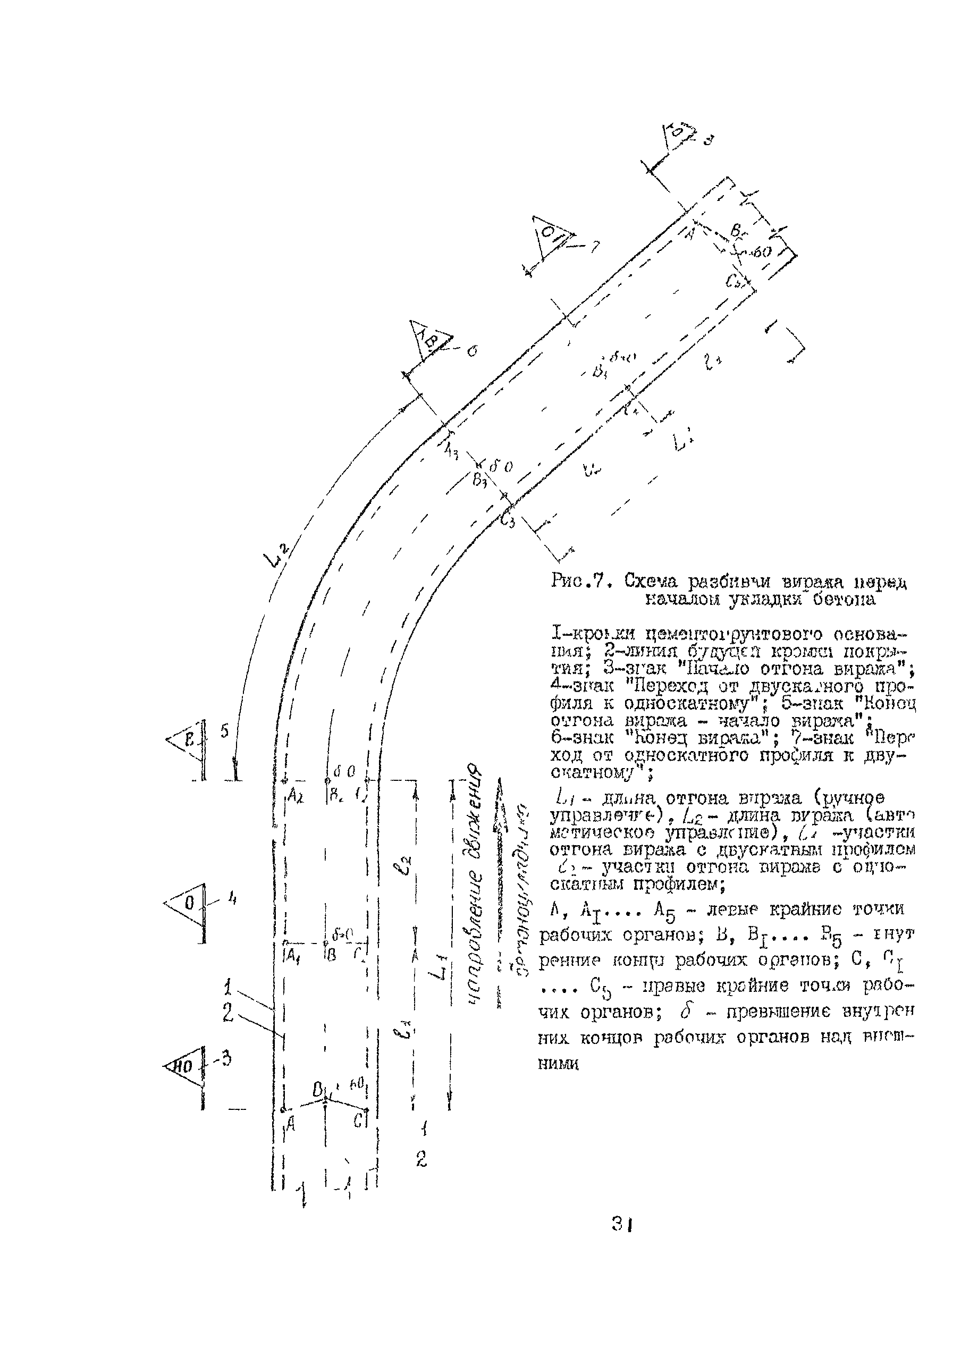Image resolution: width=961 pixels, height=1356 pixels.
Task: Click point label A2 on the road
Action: [x=294, y=796]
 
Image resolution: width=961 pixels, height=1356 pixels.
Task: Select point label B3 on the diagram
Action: [x=479, y=480]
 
